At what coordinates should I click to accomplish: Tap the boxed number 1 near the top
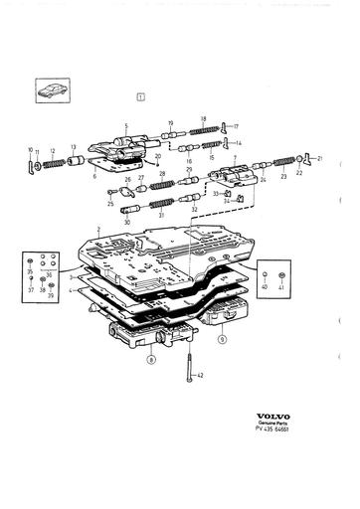(141, 97)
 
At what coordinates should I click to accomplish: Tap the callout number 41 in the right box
(282, 286)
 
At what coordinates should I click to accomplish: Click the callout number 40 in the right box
(265, 286)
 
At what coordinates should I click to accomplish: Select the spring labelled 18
(203, 127)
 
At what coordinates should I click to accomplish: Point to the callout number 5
(127, 126)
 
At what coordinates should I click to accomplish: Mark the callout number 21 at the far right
(320, 158)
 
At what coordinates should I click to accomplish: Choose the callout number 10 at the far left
(30, 149)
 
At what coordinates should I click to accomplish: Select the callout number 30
(126, 222)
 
